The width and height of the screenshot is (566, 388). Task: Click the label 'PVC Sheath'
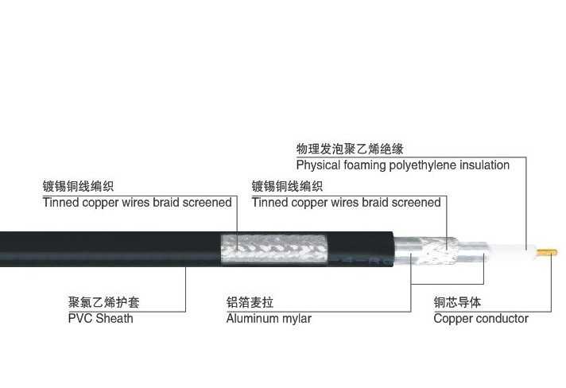[x=101, y=319]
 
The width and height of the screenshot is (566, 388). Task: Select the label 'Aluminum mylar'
[x=269, y=319]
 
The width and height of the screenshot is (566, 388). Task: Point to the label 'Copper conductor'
[x=481, y=319]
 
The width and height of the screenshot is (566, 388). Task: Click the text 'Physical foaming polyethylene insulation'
[x=403, y=165]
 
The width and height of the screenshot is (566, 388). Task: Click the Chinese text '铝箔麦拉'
[x=250, y=303]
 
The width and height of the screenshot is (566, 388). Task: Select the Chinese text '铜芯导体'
[x=457, y=303]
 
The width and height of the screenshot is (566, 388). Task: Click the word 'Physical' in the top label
[x=320, y=165]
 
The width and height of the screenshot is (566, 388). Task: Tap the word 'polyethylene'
[x=422, y=165]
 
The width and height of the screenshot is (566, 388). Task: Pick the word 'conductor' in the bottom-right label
[x=502, y=319]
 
